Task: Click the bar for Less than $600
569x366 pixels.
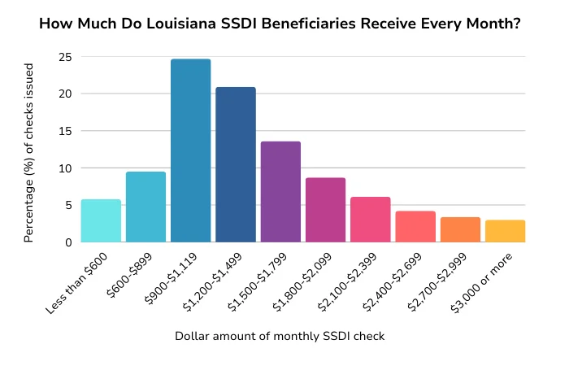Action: [101, 221]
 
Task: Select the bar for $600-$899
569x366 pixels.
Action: [146, 207]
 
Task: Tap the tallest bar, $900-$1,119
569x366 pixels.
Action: [190, 150]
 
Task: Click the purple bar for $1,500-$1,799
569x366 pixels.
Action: [280, 192]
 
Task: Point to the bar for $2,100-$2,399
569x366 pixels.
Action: [371, 220]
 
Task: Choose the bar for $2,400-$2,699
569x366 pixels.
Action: [415, 227]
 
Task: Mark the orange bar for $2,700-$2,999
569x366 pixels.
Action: [460, 230]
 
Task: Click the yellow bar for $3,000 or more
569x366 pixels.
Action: [506, 231]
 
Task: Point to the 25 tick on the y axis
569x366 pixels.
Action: [64, 57]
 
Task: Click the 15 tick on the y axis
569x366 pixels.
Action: [64, 131]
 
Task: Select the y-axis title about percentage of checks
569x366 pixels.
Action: [29, 150]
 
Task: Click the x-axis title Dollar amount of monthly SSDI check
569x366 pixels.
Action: [279, 336]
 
